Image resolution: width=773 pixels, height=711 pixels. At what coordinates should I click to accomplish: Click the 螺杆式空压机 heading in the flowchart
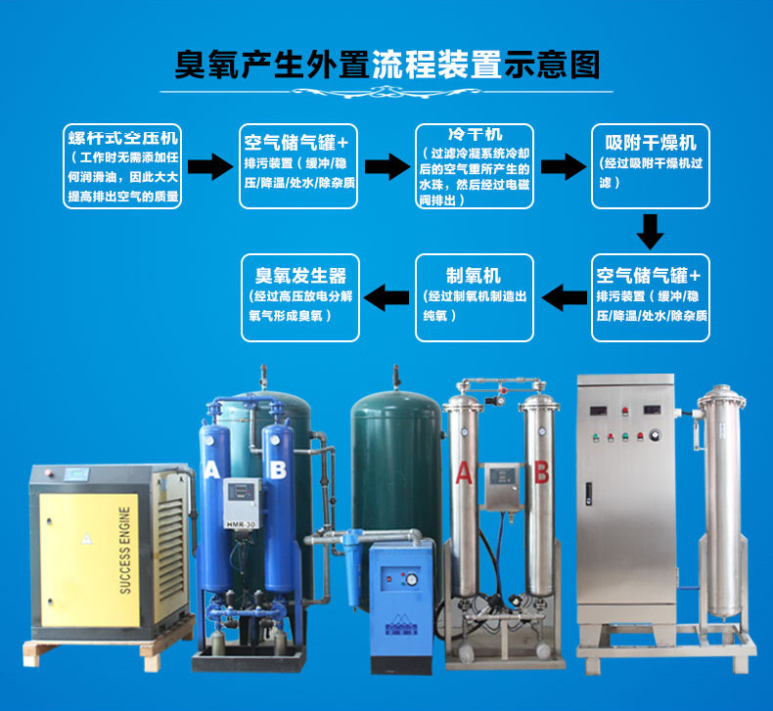click(122, 138)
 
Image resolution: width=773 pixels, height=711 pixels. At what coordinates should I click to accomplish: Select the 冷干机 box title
click(476, 134)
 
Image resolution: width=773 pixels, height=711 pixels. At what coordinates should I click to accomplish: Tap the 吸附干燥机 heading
click(651, 143)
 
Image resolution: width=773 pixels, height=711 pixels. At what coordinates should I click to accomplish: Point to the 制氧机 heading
click(474, 276)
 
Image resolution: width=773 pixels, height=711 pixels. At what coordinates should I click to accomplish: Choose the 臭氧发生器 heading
click(300, 276)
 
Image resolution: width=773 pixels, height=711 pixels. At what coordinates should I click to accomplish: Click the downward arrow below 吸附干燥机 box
click(651, 232)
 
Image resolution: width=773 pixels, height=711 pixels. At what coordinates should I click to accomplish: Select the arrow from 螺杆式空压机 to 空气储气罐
click(210, 166)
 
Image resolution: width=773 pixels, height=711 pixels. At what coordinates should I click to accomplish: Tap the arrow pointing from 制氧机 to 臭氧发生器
click(386, 297)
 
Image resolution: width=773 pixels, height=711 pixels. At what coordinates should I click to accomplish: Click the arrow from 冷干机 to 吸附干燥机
click(564, 166)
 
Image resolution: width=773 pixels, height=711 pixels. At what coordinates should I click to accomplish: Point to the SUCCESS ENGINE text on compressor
click(125, 550)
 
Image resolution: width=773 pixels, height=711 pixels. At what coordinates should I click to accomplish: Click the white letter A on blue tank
click(212, 470)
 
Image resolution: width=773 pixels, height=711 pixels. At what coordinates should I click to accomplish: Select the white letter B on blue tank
click(278, 470)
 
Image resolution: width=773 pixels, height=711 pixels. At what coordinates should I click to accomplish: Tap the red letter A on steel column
click(464, 473)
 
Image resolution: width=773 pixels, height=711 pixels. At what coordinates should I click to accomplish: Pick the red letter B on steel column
click(541, 471)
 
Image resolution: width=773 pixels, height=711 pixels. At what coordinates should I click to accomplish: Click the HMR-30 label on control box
click(242, 525)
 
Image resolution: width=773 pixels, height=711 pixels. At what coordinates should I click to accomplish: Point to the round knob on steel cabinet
click(656, 435)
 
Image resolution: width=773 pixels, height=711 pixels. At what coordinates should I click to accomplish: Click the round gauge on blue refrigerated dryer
click(412, 579)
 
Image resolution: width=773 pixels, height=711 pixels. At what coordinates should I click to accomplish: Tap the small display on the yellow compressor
click(77, 475)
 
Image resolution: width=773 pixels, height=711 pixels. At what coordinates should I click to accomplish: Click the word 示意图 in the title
click(552, 65)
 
